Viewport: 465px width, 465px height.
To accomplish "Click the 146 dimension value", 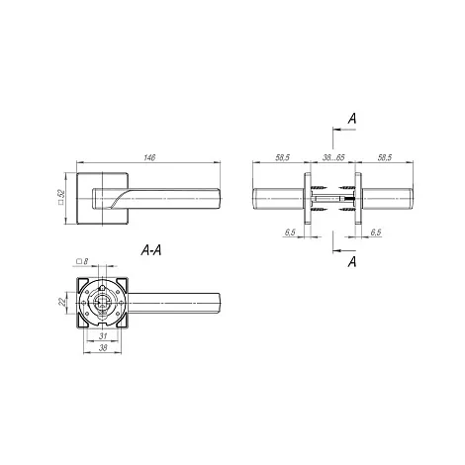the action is pyautogui.click(x=149, y=157).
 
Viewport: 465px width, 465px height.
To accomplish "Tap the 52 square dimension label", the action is pyautogui.click(x=60, y=197).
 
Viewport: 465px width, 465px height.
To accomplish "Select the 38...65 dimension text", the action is pyautogui.click(x=333, y=157).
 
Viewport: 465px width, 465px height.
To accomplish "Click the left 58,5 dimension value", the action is pyautogui.click(x=282, y=157).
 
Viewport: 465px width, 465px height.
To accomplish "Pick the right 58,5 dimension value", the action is pyautogui.click(x=385, y=157).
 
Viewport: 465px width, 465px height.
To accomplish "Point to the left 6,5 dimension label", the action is pyautogui.click(x=290, y=232).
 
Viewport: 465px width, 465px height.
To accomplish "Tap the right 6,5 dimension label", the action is pyautogui.click(x=376, y=232).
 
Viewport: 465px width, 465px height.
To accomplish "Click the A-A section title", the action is pyautogui.click(x=151, y=250).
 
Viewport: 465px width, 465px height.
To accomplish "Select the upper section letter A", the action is pyautogui.click(x=352, y=119).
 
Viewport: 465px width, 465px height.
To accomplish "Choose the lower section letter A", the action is pyautogui.click(x=352, y=262).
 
